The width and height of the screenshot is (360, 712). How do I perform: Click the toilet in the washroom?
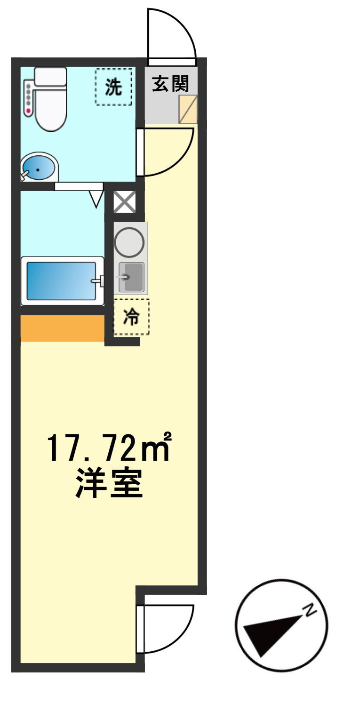coord(50,99)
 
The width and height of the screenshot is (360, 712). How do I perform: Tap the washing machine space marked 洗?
coord(113,87)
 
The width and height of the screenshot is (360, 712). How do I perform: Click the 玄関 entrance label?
coord(170,84)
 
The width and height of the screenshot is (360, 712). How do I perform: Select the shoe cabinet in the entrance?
coord(188,109)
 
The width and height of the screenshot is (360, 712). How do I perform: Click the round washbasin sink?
coord(39,168)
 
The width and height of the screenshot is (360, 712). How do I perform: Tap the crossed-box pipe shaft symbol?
coord(125,202)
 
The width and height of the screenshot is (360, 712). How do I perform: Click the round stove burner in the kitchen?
coord(129,242)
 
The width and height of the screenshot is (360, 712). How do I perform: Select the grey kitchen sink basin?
coord(131,277)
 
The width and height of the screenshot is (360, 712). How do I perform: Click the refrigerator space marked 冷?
coord(132,317)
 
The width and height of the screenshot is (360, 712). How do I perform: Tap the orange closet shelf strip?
coord(63,328)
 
